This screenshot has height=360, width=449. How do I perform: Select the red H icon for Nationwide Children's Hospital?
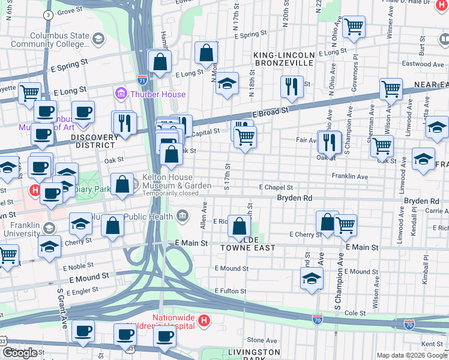coord(204,321)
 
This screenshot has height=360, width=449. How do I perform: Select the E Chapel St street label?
coord(276,187)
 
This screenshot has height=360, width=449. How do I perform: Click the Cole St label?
coord(355,313)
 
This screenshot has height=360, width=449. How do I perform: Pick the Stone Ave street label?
coord(262,340)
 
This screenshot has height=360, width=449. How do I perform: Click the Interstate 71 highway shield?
coord(142,78)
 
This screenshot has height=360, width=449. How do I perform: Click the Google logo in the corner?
coord(20,353)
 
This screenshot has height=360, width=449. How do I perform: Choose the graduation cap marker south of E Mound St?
coord(311,278)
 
